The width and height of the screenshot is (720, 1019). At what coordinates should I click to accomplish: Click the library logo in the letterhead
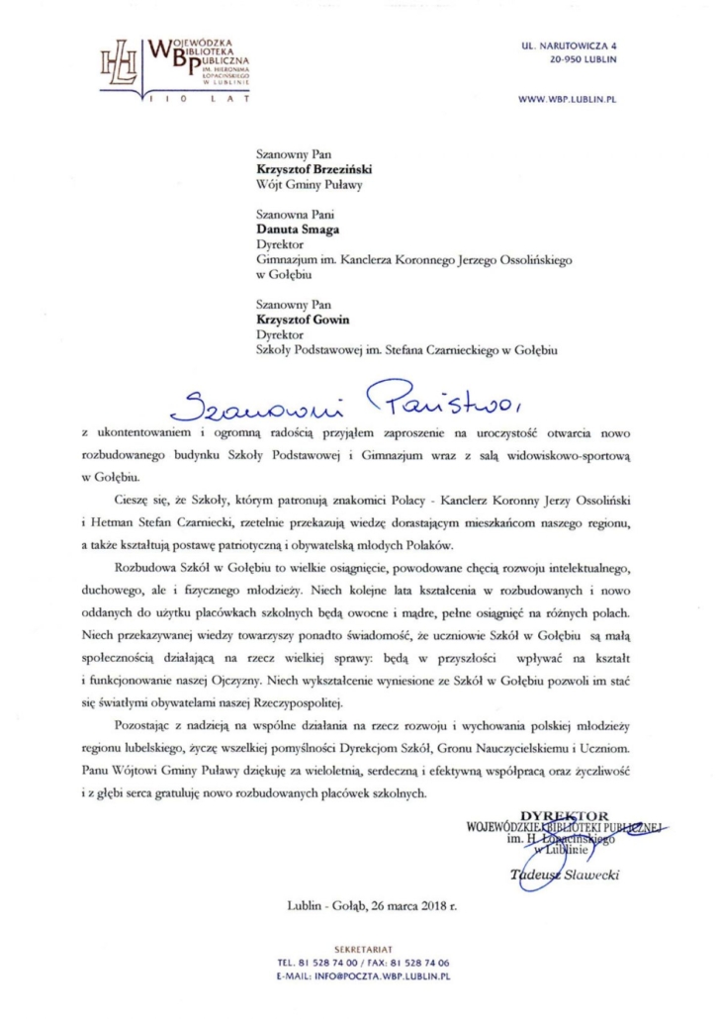(x=168, y=64)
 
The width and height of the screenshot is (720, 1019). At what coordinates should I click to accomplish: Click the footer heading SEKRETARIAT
(x=360, y=949)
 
